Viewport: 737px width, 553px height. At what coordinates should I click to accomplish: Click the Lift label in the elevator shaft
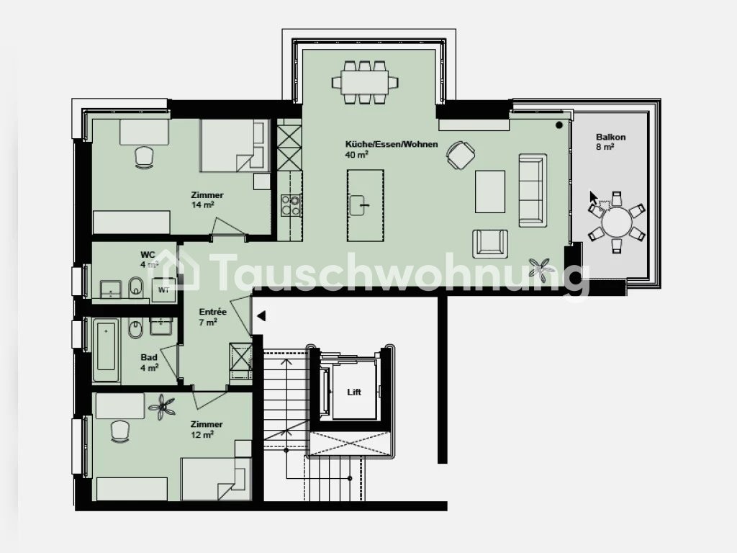point(354,392)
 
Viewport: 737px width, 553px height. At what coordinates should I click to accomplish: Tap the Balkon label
point(610,138)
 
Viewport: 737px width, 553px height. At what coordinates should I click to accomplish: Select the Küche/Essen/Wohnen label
point(392,144)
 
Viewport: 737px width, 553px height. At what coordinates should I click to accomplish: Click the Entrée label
point(212,312)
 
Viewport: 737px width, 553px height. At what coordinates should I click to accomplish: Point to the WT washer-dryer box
point(163,289)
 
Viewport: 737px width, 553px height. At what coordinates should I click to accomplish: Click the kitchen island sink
point(360,205)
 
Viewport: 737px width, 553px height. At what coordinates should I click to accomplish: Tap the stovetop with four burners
point(291,205)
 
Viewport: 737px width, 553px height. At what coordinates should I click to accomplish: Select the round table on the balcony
point(617,222)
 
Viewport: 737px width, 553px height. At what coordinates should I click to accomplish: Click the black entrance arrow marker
point(261,316)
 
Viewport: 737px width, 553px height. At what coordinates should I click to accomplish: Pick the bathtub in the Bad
point(106,351)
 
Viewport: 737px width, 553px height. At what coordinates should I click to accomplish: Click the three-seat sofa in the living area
point(533,190)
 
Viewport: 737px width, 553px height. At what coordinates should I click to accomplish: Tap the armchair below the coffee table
point(490,243)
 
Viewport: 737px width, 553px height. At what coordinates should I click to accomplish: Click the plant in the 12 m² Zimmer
point(162,407)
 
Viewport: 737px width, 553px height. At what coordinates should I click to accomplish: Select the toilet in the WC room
point(136,288)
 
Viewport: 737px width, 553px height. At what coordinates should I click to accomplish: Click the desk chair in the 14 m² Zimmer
point(144,157)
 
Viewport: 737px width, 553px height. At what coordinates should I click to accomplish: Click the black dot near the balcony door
point(559,125)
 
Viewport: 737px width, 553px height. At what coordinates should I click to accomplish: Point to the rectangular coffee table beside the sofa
point(490,192)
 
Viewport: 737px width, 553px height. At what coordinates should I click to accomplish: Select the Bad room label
point(149,357)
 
